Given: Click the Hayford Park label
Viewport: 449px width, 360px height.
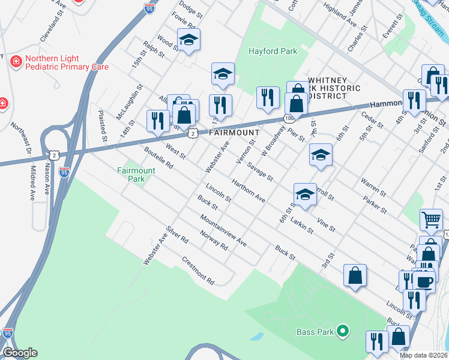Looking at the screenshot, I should pos(273,52).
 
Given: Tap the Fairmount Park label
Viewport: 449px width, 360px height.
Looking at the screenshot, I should pos(136,175).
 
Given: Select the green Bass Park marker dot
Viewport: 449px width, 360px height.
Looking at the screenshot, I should pos(343,331).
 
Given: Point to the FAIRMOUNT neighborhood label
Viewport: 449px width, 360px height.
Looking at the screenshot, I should pos(234,132).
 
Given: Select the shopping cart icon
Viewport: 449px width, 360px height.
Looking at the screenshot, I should pos(432,220).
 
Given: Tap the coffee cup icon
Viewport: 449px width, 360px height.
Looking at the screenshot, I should pos(424,281).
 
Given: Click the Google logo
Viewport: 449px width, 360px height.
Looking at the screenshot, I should pos(19,353).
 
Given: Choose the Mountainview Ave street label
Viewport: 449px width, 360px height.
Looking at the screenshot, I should pos(224,230).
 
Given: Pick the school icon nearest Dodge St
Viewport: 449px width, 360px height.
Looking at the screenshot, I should pos(188,40).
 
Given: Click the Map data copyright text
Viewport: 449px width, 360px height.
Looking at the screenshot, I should pos(424,355).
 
